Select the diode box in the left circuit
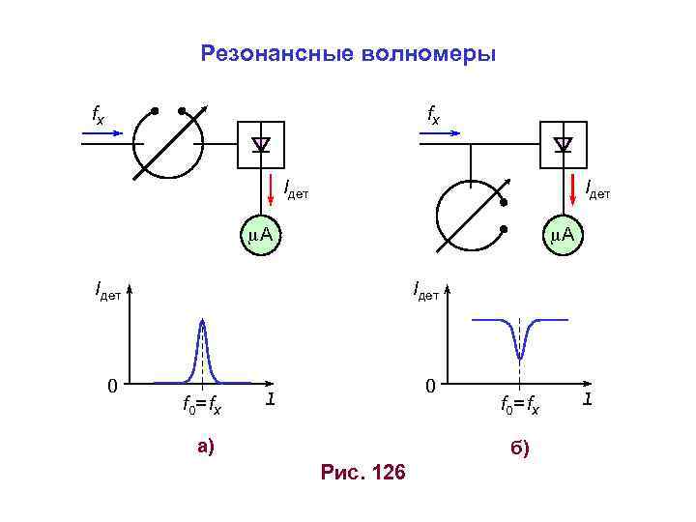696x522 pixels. tap(260, 145)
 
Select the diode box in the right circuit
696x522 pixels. tap(564, 145)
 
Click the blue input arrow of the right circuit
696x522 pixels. tap(442, 135)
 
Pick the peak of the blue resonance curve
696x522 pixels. tap(202, 321)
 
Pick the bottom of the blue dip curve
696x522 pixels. tap(520, 357)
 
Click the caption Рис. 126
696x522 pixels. tap(362, 473)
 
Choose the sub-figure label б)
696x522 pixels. tap(521, 449)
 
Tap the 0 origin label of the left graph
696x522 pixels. tap(113, 387)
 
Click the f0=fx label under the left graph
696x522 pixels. tap(202, 407)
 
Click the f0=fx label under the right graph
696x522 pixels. tap(520, 407)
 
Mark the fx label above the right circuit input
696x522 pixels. tap(433, 116)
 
